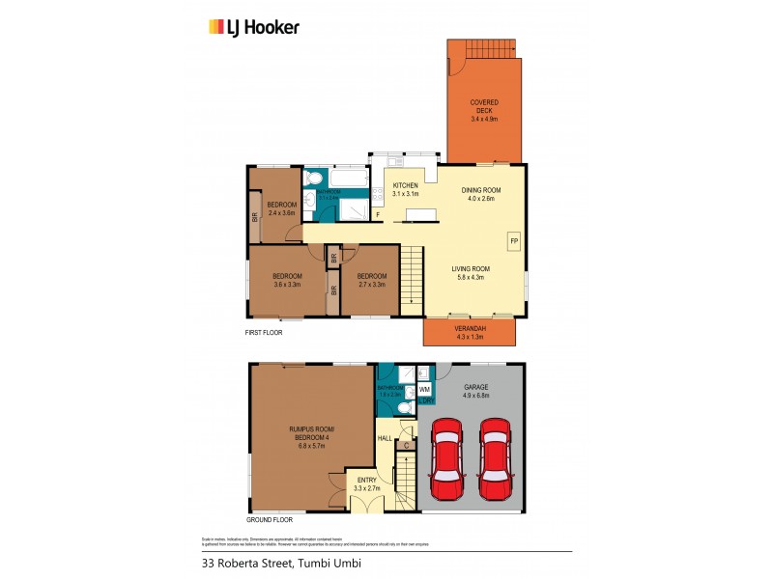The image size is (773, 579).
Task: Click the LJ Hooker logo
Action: [254, 27]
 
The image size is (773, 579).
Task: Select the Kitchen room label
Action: [405, 189]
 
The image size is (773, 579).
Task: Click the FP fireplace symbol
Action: [514, 239]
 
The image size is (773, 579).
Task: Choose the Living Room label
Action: [473, 273]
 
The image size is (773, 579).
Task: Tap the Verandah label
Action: [470, 334]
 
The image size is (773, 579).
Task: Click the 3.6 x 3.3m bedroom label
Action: [286, 280]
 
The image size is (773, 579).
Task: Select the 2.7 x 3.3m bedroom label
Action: [372, 280]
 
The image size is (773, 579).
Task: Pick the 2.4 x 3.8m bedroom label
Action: [281, 208]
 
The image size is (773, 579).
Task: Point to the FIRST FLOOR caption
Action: [264, 332]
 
